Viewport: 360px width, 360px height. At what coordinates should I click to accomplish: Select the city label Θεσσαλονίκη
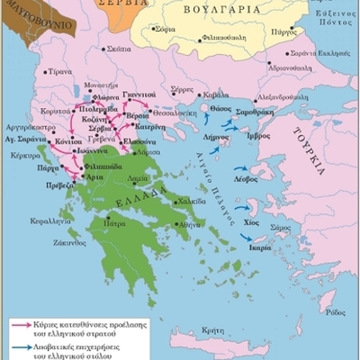176,125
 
